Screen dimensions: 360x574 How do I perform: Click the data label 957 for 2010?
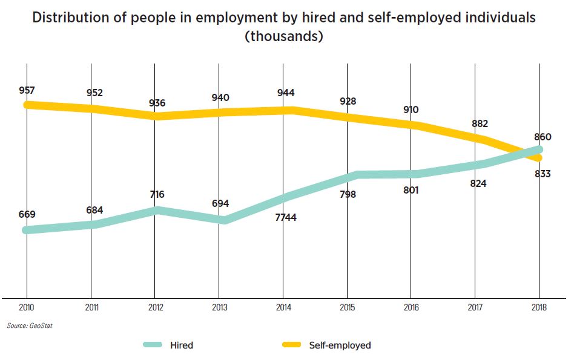click(x=27, y=90)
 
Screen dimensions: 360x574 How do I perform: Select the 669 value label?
click(x=27, y=214)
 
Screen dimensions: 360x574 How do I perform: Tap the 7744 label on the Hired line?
click(x=285, y=217)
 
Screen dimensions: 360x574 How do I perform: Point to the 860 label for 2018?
click(x=543, y=137)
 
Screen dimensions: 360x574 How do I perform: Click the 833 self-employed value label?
click(x=543, y=174)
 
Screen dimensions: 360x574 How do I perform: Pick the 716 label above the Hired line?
click(x=157, y=195)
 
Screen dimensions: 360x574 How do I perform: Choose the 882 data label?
click(x=480, y=124)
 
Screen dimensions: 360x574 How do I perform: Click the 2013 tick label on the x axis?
click(x=220, y=307)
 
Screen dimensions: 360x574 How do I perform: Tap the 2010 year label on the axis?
click(x=27, y=307)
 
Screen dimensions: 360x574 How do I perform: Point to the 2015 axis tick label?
click(x=348, y=307)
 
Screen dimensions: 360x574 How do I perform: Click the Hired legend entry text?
click(x=182, y=345)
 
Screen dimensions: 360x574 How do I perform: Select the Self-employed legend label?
click(x=340, y=345)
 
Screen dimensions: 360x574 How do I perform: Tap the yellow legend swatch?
click(x=292, y=345)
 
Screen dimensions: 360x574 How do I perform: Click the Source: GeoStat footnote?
click(x=25, y=326)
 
